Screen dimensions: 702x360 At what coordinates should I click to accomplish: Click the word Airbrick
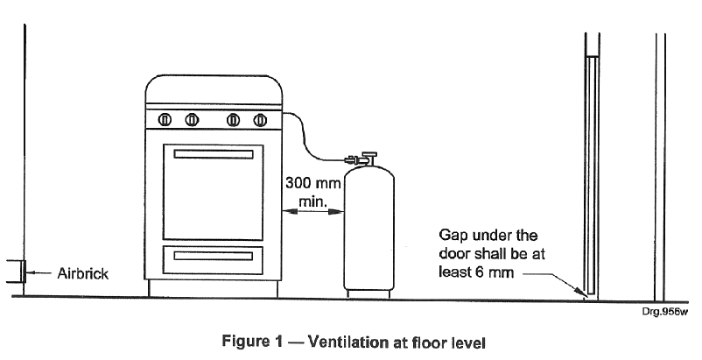click(x=83, y=273)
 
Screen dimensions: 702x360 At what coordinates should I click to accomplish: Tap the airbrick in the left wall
click(x=16, y=272)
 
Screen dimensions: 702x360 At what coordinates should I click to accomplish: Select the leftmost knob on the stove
click(x=165, y=120)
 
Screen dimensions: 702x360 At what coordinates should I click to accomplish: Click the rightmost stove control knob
click(x=260, y=120)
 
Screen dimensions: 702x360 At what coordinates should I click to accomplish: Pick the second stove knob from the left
click(x=192, y=120)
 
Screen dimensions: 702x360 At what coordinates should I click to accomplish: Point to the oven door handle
click(x=213, y=154)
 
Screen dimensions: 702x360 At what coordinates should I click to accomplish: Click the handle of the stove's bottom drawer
click(x=213, y=256)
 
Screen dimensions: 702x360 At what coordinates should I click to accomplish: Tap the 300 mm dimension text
click(x=313, y=183)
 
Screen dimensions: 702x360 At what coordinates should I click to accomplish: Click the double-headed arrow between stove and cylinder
click(x=313, y=211)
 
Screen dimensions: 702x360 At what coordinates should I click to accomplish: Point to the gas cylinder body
click(x=369, y=228)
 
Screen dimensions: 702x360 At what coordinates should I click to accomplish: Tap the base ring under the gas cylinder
click(x=369, y=294)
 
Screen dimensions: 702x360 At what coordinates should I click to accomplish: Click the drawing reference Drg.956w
click(x=664, y=312)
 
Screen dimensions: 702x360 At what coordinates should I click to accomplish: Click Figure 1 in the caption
click(x=252, y=342)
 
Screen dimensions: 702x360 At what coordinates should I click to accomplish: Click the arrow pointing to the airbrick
click(x=38, y=272)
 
